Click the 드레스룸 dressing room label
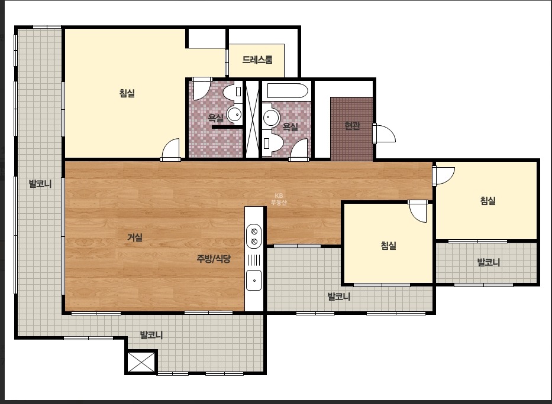(257, 60)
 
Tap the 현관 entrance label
(352, 125)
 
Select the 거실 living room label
(135, 237)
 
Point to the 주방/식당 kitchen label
(214, 259)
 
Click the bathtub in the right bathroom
(288, 90)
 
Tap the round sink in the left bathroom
(234, 114)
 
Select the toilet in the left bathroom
(233, 92)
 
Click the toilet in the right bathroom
(273, 144)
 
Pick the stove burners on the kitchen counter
(254, 236)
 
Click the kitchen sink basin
(254, 280)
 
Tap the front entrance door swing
(385, 133)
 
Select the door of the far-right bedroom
(444, 175)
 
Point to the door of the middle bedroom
(418, 211)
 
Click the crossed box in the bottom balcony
(141, 362)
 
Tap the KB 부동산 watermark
(279, 199)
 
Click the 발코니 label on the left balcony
(40, 183)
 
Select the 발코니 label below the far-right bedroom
(488, 262)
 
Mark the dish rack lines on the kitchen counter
(254, 260)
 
